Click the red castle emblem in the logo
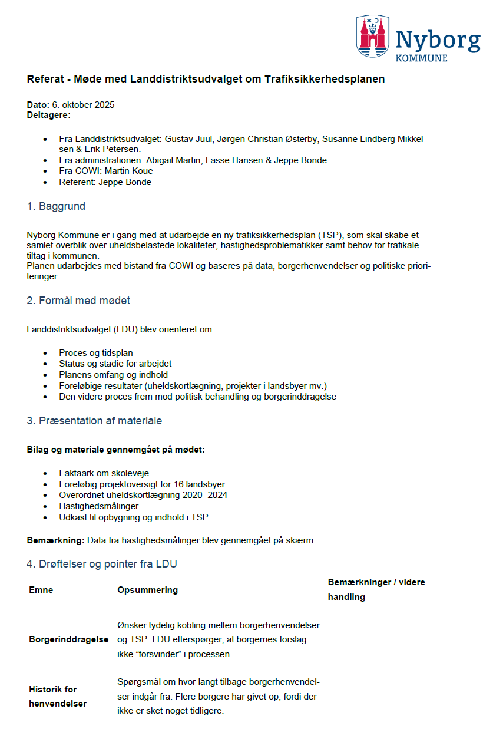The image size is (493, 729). tap(372, 36)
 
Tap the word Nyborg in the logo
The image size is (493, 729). tap(437, 39)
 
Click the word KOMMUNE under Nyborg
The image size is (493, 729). tap(421, 58)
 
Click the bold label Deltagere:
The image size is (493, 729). tap(48, 115)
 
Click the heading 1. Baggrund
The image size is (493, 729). tap(56, 206)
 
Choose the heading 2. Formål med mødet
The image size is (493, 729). tap(78, 301)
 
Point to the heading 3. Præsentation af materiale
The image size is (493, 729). tap(94, 421)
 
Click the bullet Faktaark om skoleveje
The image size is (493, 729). tap(104, 473)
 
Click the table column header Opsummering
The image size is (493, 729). tap(147, 590)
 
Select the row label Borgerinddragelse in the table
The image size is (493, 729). tap(68, 639)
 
